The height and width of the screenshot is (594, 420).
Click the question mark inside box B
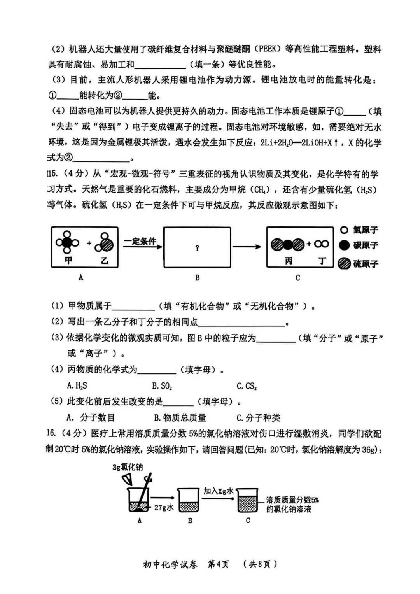pos(197,248)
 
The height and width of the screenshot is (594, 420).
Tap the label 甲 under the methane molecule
pos(68,260)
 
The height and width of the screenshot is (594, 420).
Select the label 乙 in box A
pos(105,260)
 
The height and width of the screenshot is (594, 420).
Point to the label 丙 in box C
pos(288,261)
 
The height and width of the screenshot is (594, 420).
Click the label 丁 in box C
pos(322,261)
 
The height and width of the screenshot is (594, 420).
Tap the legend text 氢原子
pos(366,230)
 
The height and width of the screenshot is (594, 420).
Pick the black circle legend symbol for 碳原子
pos(344,245)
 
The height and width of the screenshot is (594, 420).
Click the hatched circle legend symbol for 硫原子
pos(344,264)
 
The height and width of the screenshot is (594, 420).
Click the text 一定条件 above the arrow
pos(140,241)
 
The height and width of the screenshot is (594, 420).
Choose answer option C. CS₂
pos(247,386)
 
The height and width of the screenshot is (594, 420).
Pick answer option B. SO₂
pos(162,386)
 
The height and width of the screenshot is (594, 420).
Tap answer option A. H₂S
pos(77,386)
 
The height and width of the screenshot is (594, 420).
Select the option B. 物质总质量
pos(180,418)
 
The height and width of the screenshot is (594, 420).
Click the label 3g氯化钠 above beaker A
pos(128,467)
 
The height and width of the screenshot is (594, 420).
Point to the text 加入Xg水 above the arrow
pos(218,491)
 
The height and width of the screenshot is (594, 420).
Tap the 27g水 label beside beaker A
pos(164,508)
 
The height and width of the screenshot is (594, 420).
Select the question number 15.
pos(52,174)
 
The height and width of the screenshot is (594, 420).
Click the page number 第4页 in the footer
pos(218,564)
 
